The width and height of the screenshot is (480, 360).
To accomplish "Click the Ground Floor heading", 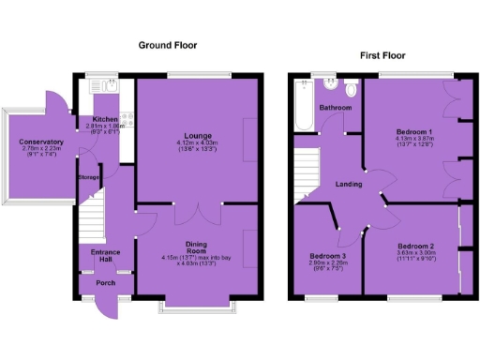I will pyautogui.click(x=168, y=45).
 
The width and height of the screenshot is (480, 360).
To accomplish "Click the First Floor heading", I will pyautogui.click(x=382, y=57).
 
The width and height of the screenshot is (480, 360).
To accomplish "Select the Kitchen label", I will pyautogui.click(x=104, y=119).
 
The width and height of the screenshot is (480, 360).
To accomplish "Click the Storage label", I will pyautogui.click(x=88, y=177).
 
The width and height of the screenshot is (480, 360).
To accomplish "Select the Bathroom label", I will pyautogui.click(x=335, y=108).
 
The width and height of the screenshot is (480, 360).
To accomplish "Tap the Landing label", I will pyautogui.click(x=350, y=184).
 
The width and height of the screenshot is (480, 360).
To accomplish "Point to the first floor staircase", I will pyautogui.click(x=307, y=177).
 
